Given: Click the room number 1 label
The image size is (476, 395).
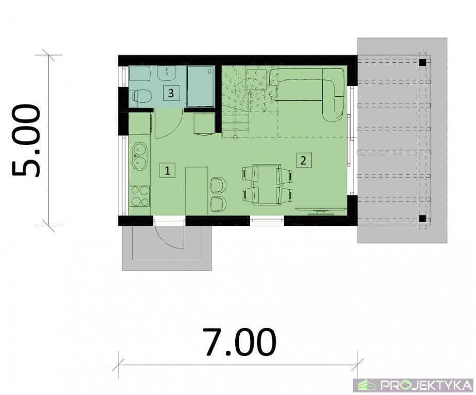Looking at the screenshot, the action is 167,171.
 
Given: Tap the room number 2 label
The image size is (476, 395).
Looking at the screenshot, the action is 303,160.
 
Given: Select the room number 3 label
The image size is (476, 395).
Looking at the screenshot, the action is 171,93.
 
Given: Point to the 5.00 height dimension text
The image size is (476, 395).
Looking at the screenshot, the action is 26,140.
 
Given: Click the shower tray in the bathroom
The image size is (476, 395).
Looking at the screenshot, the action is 201,86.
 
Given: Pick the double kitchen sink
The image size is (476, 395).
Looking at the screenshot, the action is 139,156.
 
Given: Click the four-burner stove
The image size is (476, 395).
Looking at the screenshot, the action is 140,195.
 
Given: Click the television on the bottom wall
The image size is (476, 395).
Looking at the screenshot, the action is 321,210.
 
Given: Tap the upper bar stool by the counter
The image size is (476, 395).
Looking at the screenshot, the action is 219,185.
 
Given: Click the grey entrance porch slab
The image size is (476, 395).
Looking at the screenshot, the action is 166,248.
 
